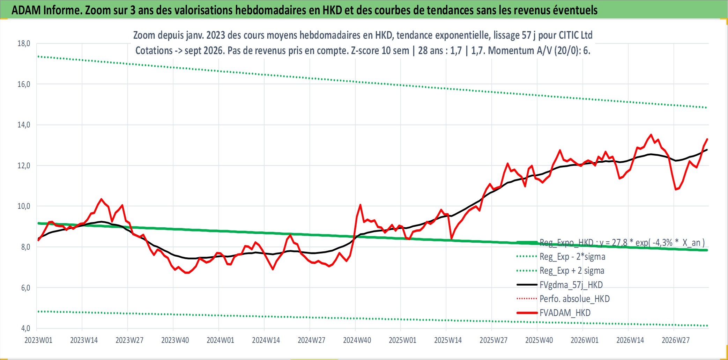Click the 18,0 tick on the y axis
click(x=24, y=44)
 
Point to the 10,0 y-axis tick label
click(x=24, y=206)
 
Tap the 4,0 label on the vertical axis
click(x=25, y=328)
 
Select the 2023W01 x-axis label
click(x=38, y=340)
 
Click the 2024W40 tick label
click(x=357, y=340)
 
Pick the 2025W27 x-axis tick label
click(x=493, y=340)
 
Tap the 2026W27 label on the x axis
click(x=676, y=340)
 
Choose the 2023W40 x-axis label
click(x=175, y=340)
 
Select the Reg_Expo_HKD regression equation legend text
click(x=622, y=243)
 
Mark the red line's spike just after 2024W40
click(x=360, y=205)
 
